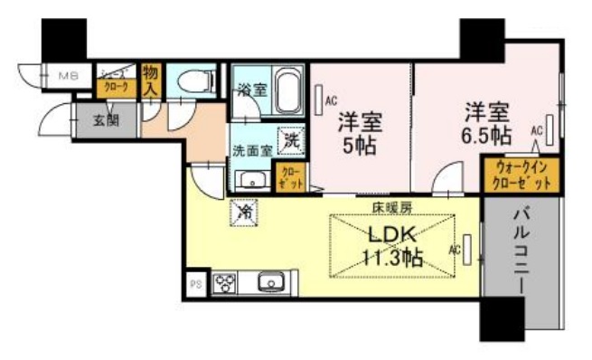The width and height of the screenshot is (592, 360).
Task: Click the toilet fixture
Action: (192, 81)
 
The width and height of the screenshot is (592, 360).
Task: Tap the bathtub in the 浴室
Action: (287, 90)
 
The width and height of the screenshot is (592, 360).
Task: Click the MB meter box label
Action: (69, 77)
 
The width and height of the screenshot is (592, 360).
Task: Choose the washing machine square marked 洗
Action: (292, 141)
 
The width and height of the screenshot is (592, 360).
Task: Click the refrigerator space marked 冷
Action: (245, 212)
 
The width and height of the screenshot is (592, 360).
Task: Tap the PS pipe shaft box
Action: (195, 284)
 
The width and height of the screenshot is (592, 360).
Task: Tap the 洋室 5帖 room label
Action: (358, 133)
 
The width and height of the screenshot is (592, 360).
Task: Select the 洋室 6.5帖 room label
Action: (487, 124)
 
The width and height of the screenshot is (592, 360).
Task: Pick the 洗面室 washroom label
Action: (252, 151)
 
